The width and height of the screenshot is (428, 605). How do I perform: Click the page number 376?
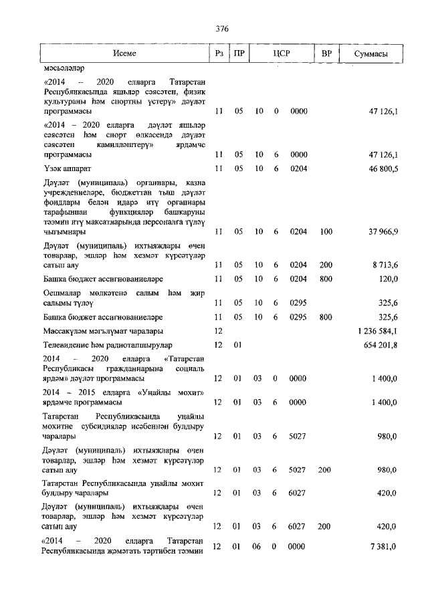pos(223,29)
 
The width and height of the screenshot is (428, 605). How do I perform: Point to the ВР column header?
pos(326,53)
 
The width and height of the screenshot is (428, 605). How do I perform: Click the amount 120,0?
pos(388,278)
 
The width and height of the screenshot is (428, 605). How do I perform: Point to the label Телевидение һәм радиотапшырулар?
pos(108,345)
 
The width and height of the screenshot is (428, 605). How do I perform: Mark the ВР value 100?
pos(326,231)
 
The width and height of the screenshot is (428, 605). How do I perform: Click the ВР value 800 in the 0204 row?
pos(326,278)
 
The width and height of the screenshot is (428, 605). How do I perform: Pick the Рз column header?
pos(218,53)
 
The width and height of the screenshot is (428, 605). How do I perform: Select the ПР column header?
pos(238,53)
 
